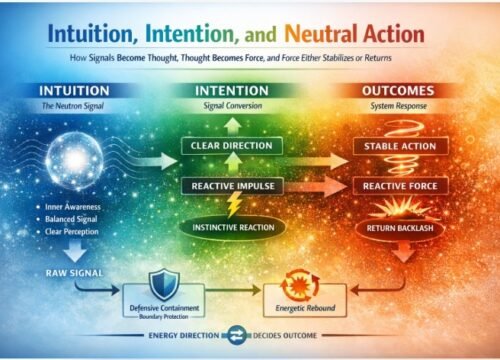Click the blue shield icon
162,281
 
